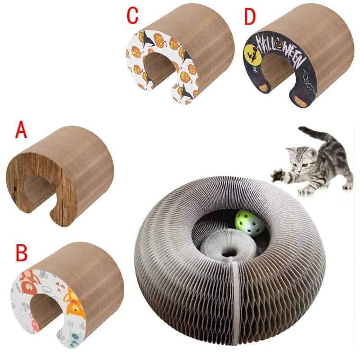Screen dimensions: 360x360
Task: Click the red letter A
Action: [x=21, y=131]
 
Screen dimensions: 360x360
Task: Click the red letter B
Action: [x=22, y=253]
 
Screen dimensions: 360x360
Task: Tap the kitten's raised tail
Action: [x=315, y=134]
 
